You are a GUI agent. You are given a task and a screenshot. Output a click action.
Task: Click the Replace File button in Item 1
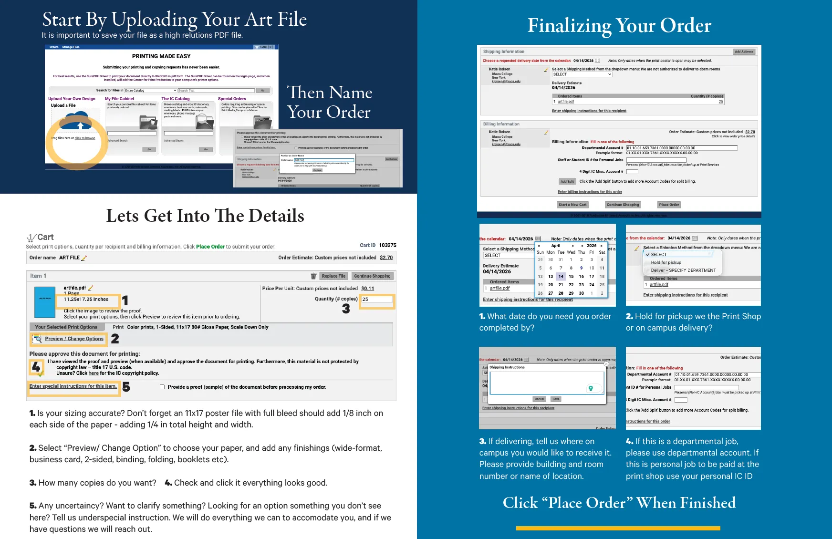tap(333, 276)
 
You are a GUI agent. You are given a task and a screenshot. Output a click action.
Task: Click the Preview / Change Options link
tap(74, 339)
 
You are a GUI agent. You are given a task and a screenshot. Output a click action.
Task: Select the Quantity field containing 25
tap(377, 300)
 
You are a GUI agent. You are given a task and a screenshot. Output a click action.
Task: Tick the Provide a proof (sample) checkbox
tap(163, 387)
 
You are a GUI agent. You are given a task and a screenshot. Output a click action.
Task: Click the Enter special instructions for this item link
tap(73, 386)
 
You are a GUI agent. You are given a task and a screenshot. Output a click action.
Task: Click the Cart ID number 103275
tap(387, 245)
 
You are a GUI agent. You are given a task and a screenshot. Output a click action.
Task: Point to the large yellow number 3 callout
tap(346, 309)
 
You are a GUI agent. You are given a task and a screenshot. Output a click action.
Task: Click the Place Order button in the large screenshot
tap(668, 205)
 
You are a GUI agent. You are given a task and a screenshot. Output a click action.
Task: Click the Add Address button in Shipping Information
tap(744, 52)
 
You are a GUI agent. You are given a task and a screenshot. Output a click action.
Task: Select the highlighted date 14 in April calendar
tap(561, 277)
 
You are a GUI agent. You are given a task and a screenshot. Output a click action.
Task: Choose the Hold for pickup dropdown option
tap(666, 262)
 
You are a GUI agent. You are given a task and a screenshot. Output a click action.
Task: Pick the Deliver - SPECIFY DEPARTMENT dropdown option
tap(683, 270)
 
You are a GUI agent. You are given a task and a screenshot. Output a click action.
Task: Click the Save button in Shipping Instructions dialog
tap(556, 399)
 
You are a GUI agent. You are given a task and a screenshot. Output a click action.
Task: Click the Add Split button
tap(567, 181)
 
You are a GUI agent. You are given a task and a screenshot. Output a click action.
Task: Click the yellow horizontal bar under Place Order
tap(618, 528)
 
